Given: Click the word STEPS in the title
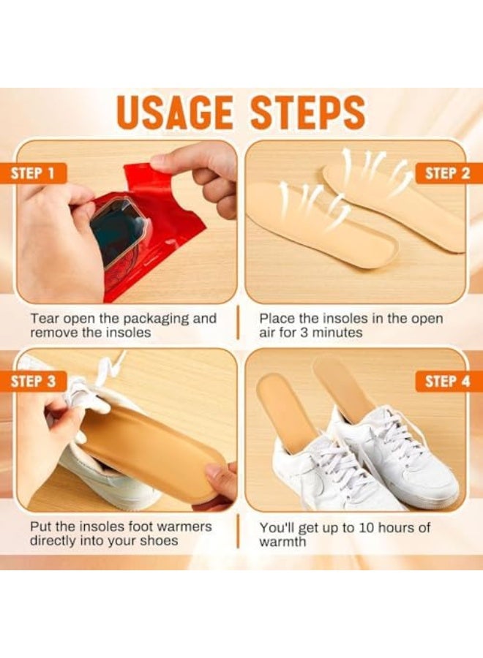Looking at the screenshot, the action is (308, 113).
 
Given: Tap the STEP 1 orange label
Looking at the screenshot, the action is (34, 173).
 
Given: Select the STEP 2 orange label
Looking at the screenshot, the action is (449, 173).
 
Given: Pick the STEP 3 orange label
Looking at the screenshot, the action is (34, 382).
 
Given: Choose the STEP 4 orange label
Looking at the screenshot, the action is (449, 382).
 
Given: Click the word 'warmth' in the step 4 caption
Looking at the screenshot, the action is (282, 542).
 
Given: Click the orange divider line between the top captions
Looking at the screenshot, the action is (238, 323).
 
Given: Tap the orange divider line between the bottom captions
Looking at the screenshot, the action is (238, 532).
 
